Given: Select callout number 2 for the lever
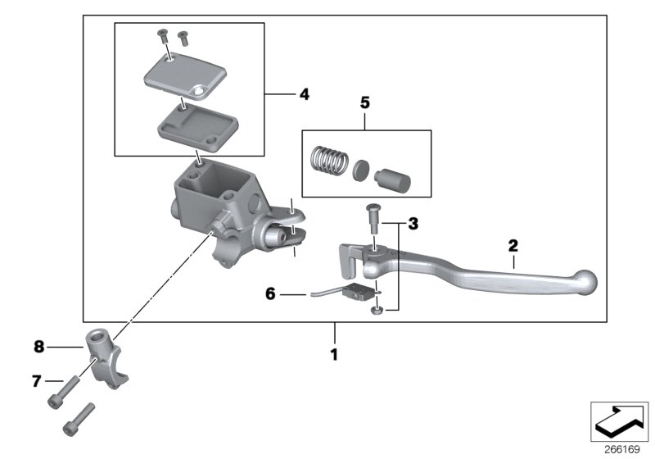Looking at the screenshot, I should (x=513, y=244).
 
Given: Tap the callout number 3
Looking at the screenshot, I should (x=413, y=223).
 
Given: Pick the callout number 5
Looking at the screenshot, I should (x=365, y=103).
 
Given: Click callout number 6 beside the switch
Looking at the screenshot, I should (x=270, y=293).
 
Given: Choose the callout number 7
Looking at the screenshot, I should (x=36, y=380).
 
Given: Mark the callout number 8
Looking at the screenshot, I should (x=38, y=347).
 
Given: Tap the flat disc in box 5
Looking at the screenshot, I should (x=361, y=170).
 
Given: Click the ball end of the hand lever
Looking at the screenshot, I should (x=586, y=281).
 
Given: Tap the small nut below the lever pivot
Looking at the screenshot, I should (x=375, y=309).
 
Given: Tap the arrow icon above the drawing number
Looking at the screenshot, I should (x=619, y=421).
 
